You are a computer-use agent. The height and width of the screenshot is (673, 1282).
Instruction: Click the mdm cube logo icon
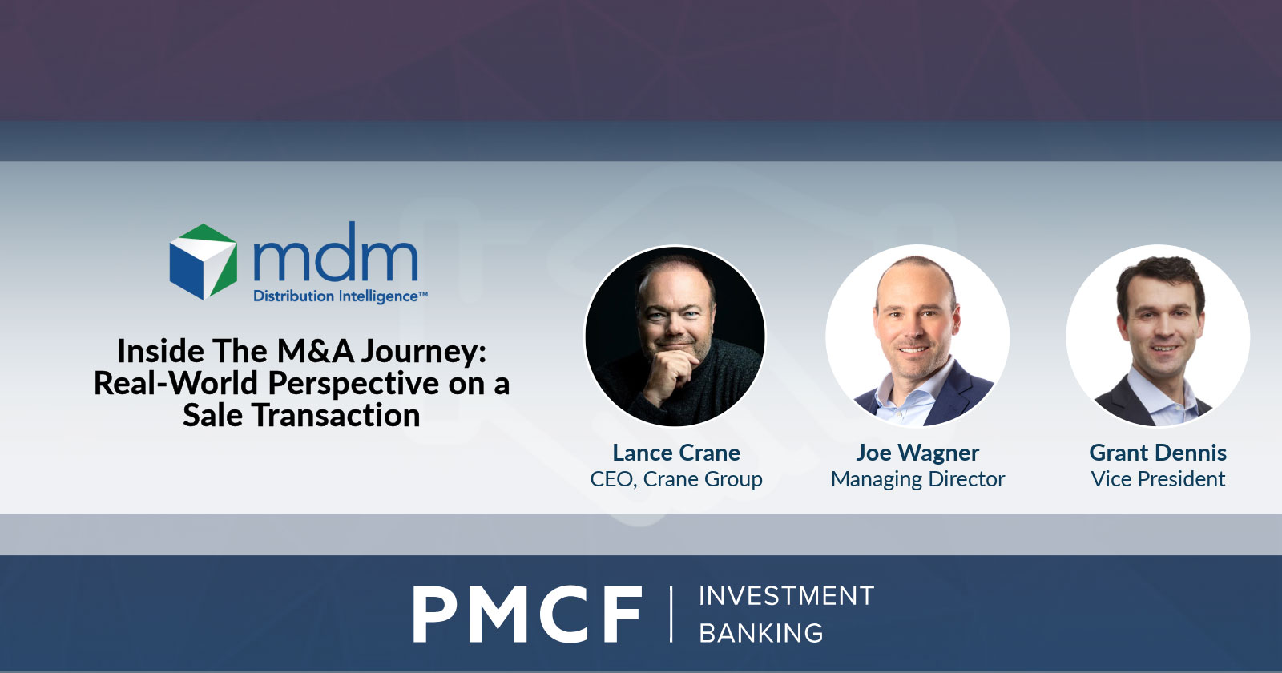click(204, 261)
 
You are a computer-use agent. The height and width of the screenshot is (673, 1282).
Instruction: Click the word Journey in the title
click(423, 351)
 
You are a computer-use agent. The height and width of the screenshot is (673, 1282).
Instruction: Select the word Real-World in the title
click(175, 383)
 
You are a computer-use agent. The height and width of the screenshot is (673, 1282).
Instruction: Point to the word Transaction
click(336, 415)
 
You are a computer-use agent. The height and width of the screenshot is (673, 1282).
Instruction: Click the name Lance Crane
click(676, 453)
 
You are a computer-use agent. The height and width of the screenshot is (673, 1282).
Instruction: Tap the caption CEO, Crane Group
click(676, 479)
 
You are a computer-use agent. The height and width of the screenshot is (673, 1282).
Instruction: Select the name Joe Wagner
click(917, 453)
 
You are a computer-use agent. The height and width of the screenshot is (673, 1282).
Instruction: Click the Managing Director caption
click(917, 479)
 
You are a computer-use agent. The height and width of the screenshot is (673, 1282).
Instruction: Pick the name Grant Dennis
click(1158, 453)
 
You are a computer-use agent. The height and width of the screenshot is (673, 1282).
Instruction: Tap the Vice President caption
click(1158, 479)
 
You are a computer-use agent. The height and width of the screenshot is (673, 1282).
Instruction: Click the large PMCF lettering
click(527, 614)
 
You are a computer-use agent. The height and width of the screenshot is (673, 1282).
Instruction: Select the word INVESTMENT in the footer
click(786, 596)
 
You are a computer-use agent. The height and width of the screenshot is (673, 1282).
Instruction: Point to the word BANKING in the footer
click(761, 633)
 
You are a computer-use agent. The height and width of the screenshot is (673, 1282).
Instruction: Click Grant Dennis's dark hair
click(1161, 277)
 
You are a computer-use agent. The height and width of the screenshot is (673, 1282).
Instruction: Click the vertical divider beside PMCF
click(671, 614)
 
